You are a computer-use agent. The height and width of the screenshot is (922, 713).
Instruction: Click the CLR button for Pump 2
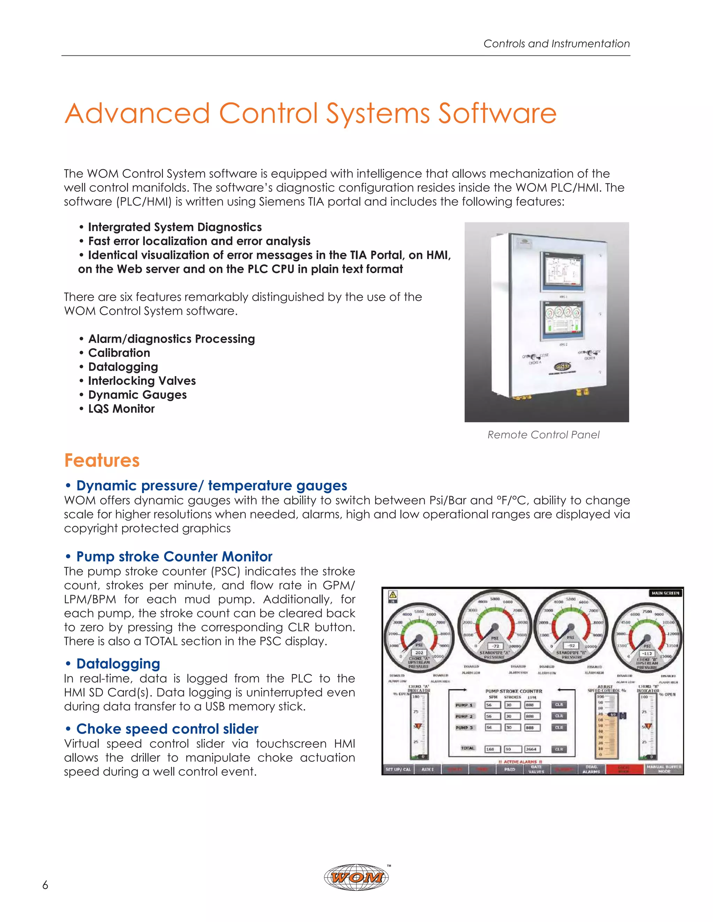coord(559,716)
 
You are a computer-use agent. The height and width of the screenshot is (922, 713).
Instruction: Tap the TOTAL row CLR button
coord(559,749)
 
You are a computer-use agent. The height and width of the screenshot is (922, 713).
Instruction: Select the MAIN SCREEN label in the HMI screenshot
coord(665,593)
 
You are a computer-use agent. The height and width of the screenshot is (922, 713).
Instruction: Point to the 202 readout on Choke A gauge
coord(419,652)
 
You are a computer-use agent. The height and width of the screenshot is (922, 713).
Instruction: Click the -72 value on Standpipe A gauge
coord(495,646)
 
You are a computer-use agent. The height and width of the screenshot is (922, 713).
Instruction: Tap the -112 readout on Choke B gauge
coord(647,653)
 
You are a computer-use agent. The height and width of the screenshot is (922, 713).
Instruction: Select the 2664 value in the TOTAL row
coord(532,749)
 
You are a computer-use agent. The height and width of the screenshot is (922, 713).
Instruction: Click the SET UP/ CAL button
coord(398,769)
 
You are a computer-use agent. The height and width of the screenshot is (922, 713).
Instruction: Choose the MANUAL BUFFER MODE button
coord(664,769)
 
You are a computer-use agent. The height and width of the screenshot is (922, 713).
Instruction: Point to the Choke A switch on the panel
coord(533,357)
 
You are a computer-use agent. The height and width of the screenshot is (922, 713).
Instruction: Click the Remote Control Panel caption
coord(543,435)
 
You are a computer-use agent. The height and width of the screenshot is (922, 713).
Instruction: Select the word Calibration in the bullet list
coord(119,353)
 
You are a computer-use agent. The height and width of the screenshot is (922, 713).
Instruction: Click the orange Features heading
coord(102,460)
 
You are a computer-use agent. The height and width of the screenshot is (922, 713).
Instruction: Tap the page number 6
coord(45,885)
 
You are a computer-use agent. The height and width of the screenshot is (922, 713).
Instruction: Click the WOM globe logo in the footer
coord(357,877)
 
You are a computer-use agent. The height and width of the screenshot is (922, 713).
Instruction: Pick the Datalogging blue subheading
coord(118,663)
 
